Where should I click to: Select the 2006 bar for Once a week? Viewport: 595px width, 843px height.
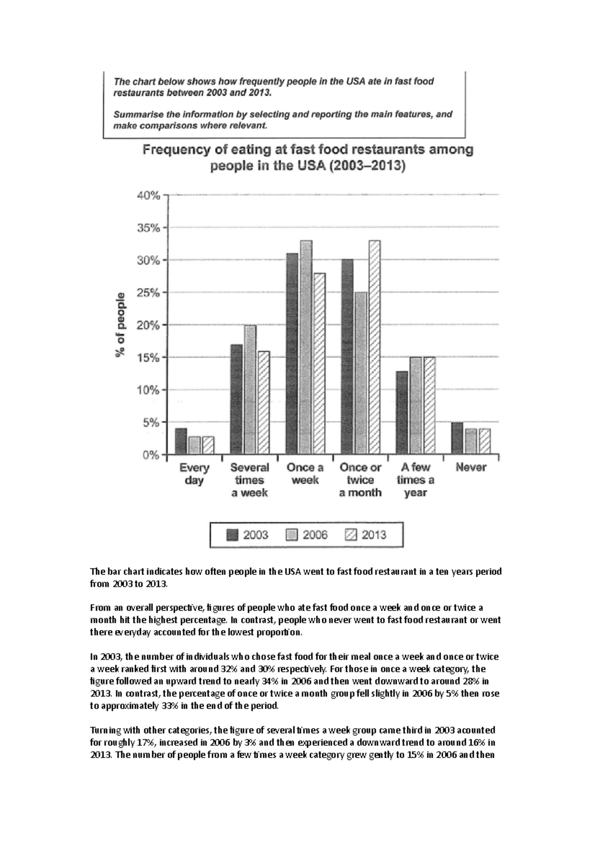tap(306, 347)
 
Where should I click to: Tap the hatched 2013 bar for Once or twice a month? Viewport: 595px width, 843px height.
tap(374, 347)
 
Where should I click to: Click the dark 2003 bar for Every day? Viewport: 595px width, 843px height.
tap(181, 441)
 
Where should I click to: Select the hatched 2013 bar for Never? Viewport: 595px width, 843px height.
tap(484, 441)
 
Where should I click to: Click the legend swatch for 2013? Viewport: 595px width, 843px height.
tap(350, 535)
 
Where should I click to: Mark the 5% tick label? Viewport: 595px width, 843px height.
tap(151, 422)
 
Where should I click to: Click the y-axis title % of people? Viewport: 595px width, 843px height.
tap(120, 325)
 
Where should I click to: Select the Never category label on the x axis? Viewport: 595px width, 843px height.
tap(471, 467)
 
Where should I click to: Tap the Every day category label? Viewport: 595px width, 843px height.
tap(194, 474)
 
